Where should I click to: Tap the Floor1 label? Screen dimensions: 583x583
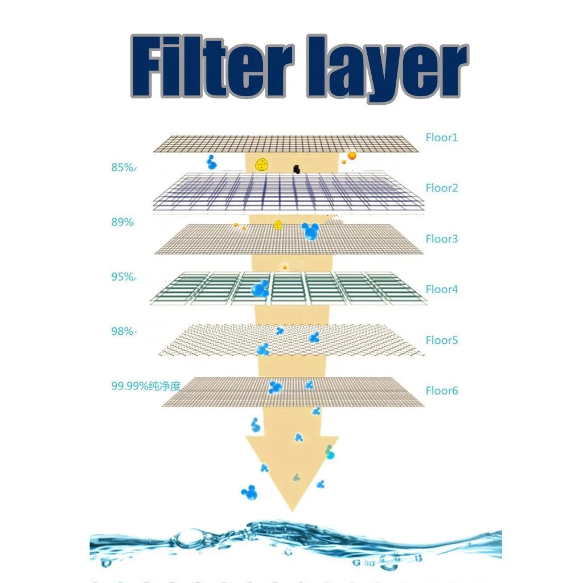[x=441, y=137]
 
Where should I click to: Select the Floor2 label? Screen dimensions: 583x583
[x=441, y=188]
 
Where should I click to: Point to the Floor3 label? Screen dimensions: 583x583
[x=441, y=239]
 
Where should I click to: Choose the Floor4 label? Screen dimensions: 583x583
[x=441, y=289]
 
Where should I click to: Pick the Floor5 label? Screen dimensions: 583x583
[x=441, y=340]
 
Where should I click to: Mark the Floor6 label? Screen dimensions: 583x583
[x=441, y=391]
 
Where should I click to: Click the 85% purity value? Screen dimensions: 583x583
[x=123, y=168]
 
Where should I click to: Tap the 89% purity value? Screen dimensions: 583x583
[x=122, y=223]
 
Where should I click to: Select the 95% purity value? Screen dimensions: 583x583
[x=123, y=277]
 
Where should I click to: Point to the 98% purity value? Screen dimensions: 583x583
[x=123, y=331]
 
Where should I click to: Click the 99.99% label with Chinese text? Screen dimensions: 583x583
[x=145, y=386]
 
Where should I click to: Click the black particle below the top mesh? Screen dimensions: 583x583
[x=296, y=168]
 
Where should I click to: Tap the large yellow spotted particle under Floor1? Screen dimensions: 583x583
[x=261, y=165]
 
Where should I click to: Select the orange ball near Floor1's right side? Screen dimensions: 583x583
[x=352, y=155]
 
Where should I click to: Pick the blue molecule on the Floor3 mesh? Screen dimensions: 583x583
[x=310, y=231]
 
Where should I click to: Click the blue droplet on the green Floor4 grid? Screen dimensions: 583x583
[x=260, y=289]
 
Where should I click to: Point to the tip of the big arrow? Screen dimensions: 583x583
[x=292, y=508]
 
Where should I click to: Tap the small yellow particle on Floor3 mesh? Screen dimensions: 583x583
[x=278, y=224]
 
